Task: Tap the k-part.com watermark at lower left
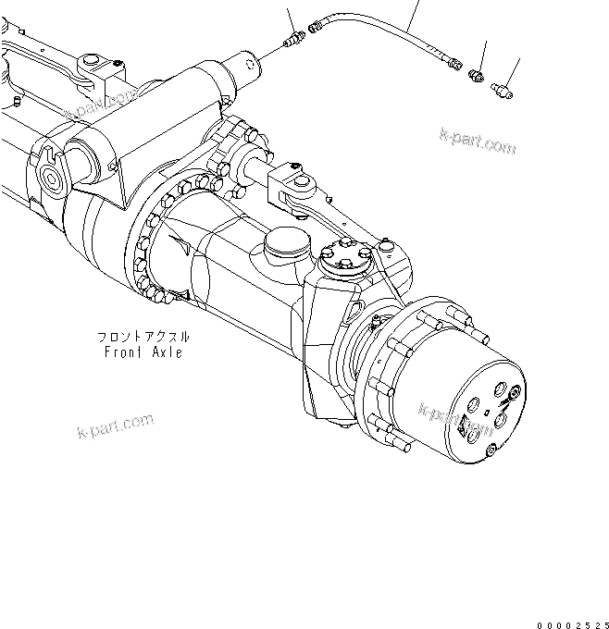pos(112,428)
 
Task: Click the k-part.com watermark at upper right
pos(478,143)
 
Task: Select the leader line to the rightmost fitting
pos(513,69)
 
